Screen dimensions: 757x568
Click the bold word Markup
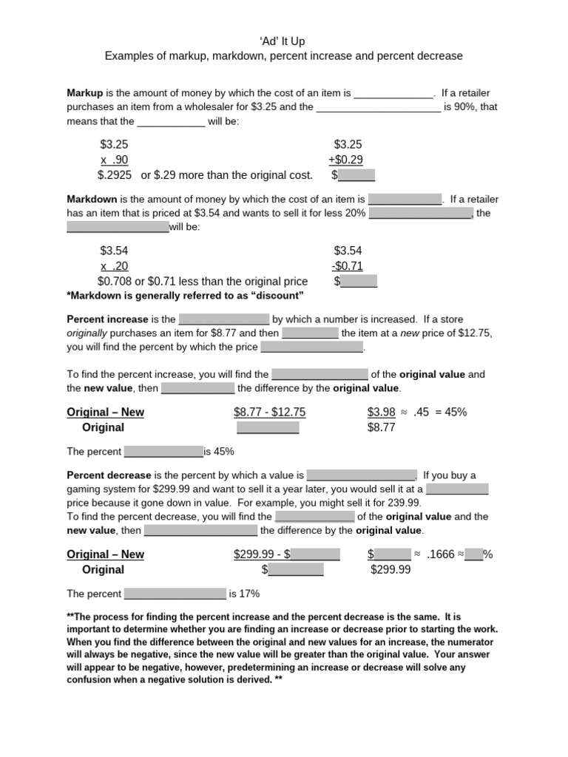(x=85, y=94)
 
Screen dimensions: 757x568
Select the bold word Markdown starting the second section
(x=92, y=200)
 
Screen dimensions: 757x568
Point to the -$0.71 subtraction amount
(x=348, y=266)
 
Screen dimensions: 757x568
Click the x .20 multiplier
(x=115, y=266)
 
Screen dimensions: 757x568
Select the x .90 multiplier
(x=115, y=160)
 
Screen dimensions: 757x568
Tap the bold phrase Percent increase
(x=108, y=319)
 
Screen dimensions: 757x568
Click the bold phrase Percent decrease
(x=109, y=475)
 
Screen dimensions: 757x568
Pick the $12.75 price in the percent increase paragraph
(x=475, y=333)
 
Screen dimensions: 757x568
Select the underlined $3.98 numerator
(x=381, y=413)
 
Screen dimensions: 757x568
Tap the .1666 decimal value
(x=440, y=554)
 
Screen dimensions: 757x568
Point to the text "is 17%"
(x=244, y=594)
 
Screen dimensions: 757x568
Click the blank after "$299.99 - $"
(x=315, y=554)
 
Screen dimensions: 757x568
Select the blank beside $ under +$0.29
(x=356, y=176)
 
